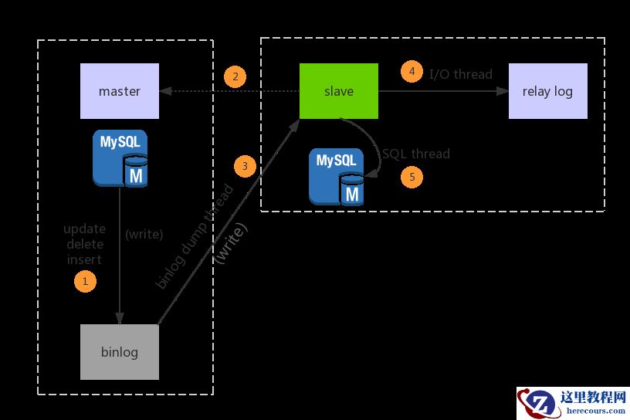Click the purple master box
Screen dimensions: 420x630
point(120,91)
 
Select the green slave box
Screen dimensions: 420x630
point(339,91)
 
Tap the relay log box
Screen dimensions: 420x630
point(547,91)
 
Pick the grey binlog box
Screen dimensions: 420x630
point(120,352)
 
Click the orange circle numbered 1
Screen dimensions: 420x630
point(85,281)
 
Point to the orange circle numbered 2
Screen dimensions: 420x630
point(235,76)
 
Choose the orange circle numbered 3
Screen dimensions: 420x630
point(245,166)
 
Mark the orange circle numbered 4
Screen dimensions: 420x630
point(412,71)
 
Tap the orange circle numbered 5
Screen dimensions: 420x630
point(412,177)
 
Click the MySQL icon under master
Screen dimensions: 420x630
point(120,158)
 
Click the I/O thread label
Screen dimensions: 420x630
point(461,74)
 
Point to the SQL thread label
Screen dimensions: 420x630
point(416,154)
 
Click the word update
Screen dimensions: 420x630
point(84,229)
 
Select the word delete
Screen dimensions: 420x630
point(85,244)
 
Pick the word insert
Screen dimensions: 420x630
point(84,259)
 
